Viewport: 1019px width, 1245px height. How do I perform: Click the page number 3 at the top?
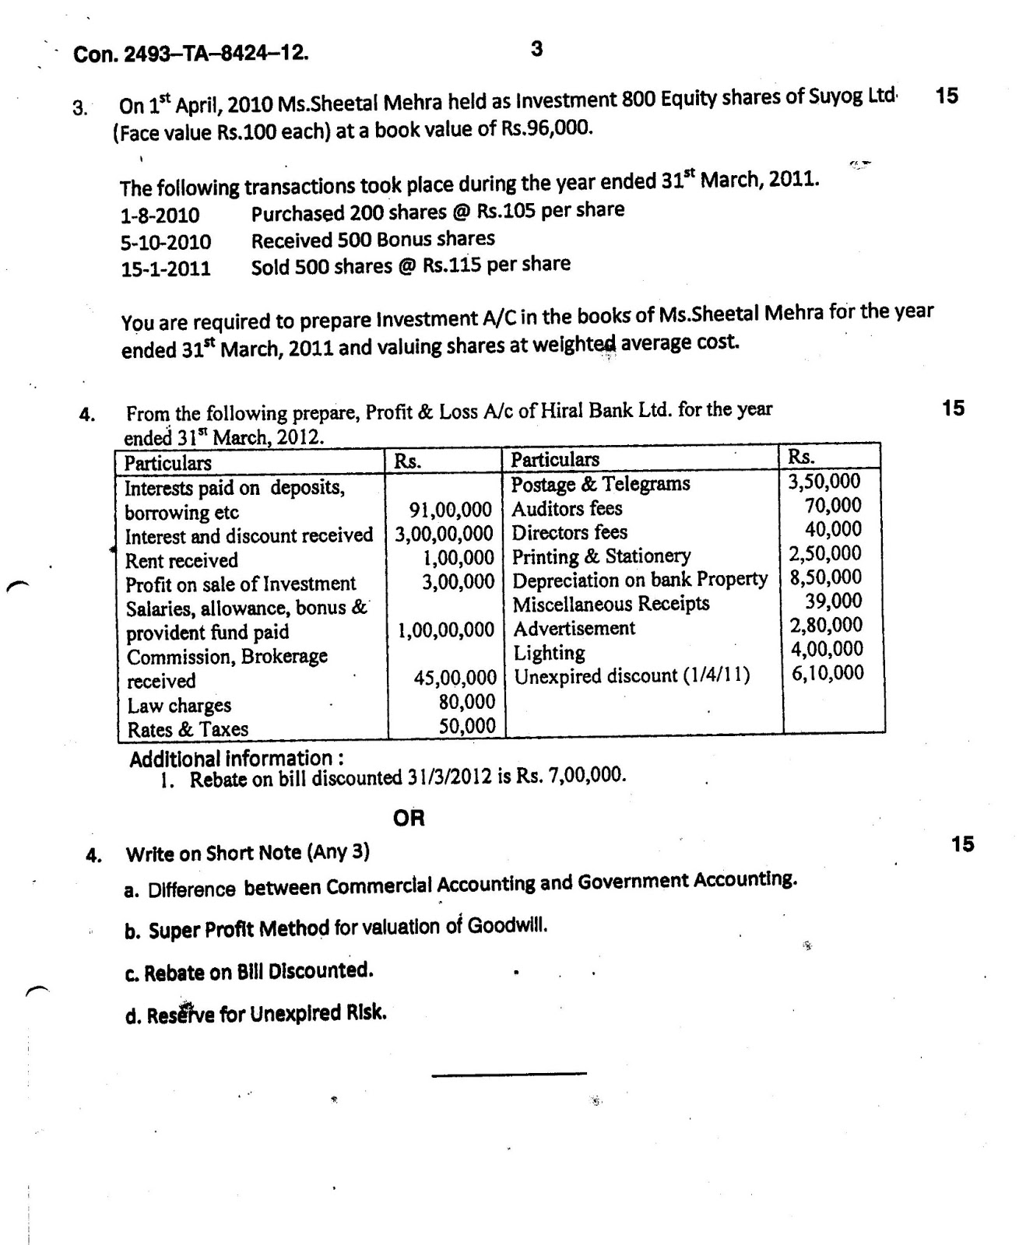point(536,49)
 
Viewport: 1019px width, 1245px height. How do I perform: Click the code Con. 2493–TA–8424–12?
point(191,54)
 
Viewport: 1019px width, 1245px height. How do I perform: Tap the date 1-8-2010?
point(160,215)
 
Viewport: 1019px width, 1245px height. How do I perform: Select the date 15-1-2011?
point(166,269)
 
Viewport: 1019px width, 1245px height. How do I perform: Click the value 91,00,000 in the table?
point(451,510)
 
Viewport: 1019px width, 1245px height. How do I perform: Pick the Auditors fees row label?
point(567,509)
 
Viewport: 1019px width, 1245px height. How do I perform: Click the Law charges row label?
point(179,706)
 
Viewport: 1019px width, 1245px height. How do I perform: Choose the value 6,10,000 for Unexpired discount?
point(827,673)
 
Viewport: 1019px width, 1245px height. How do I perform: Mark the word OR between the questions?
point(409,819)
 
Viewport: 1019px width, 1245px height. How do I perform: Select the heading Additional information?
point(236,758)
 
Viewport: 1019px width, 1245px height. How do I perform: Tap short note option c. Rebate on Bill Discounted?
point(249,971)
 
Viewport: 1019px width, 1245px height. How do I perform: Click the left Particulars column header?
point(168,463)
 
